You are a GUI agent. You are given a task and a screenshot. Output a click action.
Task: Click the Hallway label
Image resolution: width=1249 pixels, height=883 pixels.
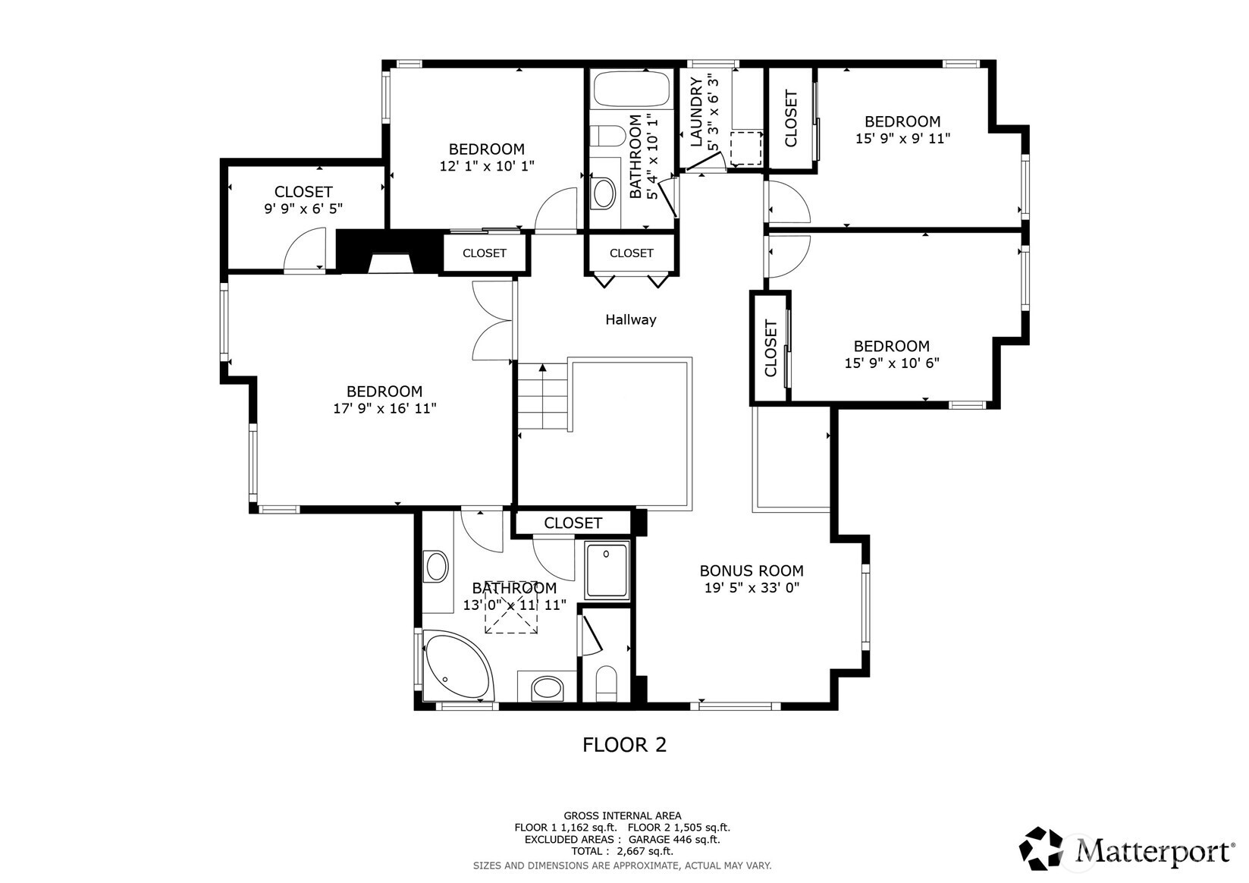(630, 320)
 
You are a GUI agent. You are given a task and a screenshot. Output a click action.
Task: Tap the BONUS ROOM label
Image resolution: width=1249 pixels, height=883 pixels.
(751, 570)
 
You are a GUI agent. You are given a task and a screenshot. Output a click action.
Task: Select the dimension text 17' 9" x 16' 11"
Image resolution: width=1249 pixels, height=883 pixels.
(384, 408)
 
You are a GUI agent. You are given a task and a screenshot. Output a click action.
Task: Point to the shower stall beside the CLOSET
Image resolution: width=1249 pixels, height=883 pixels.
(606, 570)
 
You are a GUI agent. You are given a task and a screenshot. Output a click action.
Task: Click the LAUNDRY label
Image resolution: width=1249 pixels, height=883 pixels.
(696, 112)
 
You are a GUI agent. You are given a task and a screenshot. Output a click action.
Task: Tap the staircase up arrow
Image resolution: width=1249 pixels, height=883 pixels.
(543, 369)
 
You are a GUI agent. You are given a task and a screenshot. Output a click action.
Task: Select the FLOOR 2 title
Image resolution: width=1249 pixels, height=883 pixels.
(624, 745)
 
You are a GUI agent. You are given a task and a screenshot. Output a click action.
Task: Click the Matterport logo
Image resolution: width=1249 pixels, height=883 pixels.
(1127, 849)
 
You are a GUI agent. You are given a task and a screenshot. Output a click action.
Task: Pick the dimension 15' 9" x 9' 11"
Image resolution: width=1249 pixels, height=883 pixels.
(902, 139)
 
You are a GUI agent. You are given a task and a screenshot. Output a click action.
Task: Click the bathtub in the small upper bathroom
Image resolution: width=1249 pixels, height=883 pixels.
(631, 90)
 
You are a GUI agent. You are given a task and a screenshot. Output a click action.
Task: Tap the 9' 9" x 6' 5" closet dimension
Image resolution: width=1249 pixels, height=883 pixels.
(303, 209)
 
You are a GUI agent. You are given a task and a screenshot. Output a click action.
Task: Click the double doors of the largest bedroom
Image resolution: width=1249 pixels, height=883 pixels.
(493, 321)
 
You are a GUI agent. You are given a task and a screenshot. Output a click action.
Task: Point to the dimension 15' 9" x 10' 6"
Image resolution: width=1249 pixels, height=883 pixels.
(892, 363)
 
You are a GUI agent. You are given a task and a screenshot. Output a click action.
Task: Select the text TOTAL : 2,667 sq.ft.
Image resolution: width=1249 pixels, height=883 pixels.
(622, 851)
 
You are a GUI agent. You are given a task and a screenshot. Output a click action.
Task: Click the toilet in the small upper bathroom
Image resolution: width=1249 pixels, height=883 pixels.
(608, 137)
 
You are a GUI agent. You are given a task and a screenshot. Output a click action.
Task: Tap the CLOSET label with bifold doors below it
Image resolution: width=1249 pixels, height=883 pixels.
(631, 253)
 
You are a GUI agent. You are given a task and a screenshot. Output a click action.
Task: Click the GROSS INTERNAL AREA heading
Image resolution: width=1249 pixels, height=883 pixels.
(622, 816)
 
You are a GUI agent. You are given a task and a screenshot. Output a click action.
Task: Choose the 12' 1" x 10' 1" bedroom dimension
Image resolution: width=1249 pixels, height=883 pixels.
(487, 165)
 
